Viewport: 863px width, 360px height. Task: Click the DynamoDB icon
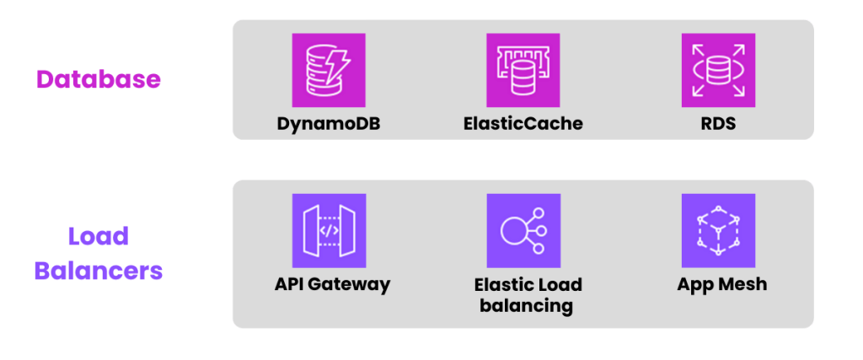pyautogui.click(x=329, y=70)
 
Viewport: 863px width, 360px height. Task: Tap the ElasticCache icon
pyautogui.click(x=523, y=70)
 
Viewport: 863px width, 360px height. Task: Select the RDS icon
pyautogui.click(x=718, y=70)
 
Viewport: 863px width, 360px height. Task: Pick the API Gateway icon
pyautogui.click(x=329, y=230)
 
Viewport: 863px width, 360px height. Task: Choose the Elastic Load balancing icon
pyautogui.click(x=523, y=230)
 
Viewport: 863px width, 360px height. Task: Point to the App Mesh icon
pyautogui.click(x=718, y=230)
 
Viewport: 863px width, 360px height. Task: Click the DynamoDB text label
pyautogui.click(x=329, y=123)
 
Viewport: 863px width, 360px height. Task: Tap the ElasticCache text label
pyautogui.click(x=523, y=123)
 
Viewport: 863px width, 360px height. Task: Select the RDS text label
pyautogui.click(x=718, y=123)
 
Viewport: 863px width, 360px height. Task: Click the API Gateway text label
pyautogui.click(x=332, y=284)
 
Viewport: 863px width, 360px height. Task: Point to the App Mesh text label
pyautogui.click(x=722, y=284)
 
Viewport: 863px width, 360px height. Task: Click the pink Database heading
pyautogui.click(x=98, y=80)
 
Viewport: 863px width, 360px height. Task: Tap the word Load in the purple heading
pyautogui.click(x=98, y=236)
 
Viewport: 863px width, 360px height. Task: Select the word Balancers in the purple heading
pyautogui.click(x=98, y=271)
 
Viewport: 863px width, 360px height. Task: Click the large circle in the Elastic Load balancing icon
pyautogui.click(x=513, y=231)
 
